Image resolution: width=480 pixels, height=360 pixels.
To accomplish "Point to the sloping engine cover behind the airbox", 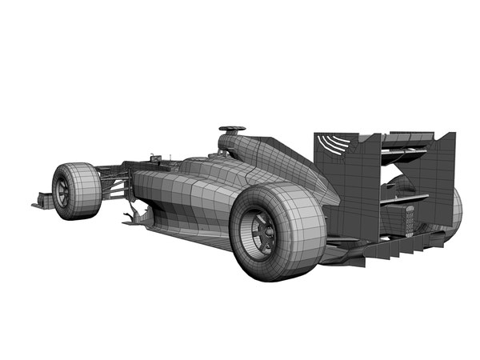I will pyautogui.click(x=280, y=164).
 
